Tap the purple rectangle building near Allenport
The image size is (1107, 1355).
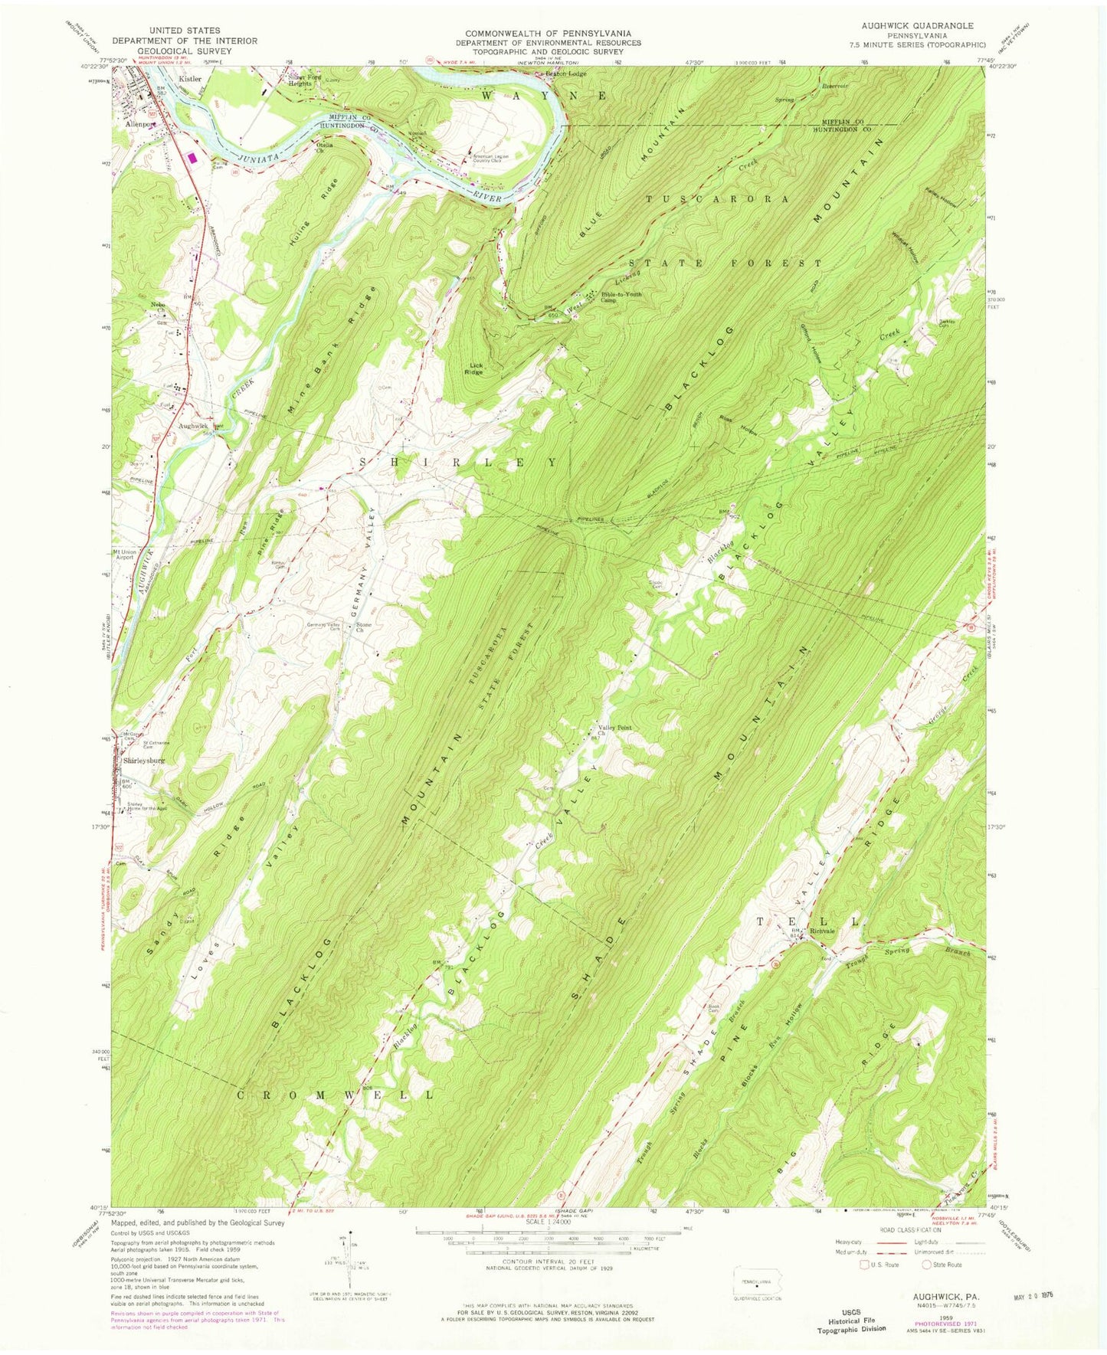click(192, 159)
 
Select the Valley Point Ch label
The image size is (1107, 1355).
click(614, 731)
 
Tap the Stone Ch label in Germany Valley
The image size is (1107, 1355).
click(365, 627)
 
